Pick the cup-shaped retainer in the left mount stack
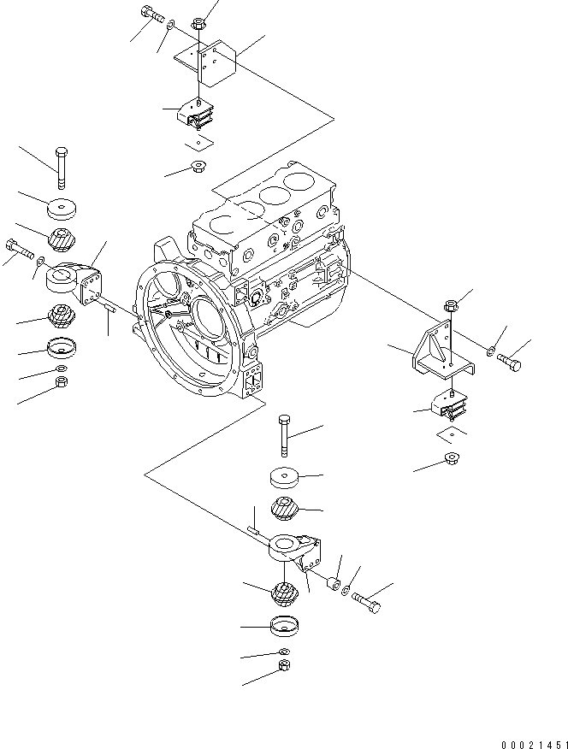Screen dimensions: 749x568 (61, 349)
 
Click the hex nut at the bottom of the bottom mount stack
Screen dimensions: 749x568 (284, 666)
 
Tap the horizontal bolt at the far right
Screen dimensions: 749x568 (509, 363)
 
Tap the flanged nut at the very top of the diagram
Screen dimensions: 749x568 (198, 22)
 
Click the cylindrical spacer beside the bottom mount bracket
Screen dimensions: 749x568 (327, 587)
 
